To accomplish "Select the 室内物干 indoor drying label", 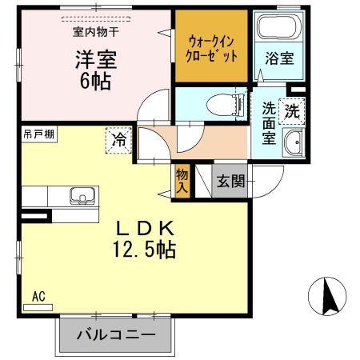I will (x=96, y=32).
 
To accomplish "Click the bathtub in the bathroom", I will (x=277, y=30).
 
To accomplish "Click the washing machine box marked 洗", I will (x=293, y=111).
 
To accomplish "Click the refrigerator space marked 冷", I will (x=118, y=140).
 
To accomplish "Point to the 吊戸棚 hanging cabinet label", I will (x=38, y=133).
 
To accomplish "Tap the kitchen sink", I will (x=81, y=195).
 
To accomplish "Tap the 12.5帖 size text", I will (x=144, y=250).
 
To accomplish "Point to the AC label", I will (x=38, y=296).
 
